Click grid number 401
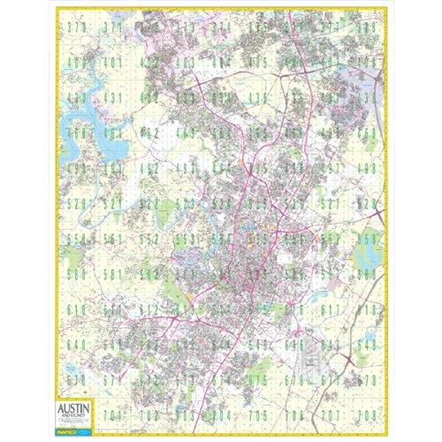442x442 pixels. click(112, 63)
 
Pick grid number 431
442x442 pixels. click(112, 98)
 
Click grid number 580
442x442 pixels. click(76, 274)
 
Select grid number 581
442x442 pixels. click(112, 274)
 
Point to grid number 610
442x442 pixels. click(76, 309)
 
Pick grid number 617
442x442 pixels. click(331, 309)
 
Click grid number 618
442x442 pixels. click(366, 309)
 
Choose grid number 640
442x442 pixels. click(76, 345)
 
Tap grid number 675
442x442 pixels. click(257, 380)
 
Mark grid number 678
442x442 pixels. click(366, 380)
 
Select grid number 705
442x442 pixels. click(257, 415)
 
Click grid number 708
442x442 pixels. click(366, 415)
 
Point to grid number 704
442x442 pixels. click(221, 415)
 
